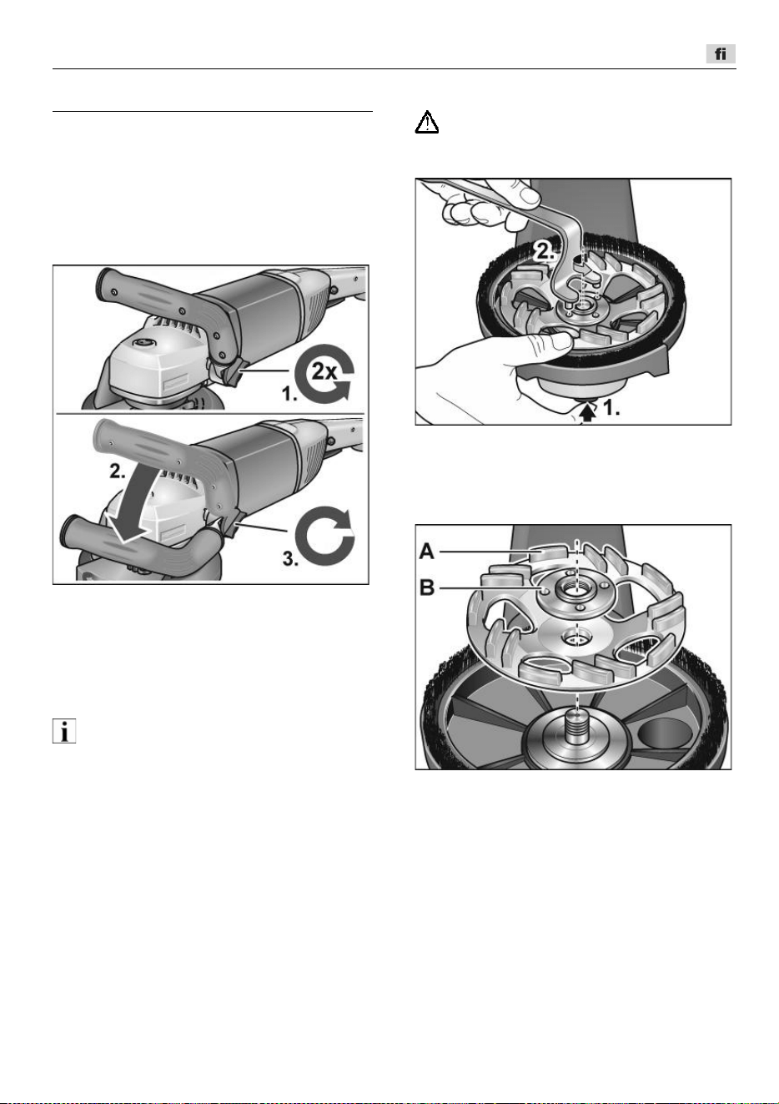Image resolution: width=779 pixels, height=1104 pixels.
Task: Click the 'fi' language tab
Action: click(x=720, y=53)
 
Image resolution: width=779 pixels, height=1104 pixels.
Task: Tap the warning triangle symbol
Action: click(x=427, y=122)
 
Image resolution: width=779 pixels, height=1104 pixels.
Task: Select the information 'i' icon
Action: click(x=64, y=730)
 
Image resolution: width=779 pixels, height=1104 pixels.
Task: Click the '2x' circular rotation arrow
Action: click(x=324, y=373)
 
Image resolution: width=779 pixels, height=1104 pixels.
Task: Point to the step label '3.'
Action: click(x=290, y=559)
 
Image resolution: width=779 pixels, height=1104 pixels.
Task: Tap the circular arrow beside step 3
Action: click(x=324, y=537)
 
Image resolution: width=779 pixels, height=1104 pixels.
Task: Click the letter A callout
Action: click(x=427, y=552)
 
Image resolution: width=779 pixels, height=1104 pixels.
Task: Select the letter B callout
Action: click(x=427, y=588)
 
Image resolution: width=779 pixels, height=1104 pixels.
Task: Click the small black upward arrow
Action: click(x=587, y=414)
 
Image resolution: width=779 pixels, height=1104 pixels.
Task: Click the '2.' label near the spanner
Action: click(x=545, y=252)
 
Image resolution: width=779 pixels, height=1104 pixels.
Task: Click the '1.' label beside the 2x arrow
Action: click(x=290, y=394)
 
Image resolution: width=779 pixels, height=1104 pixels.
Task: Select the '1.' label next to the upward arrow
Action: click(x=611, y=407)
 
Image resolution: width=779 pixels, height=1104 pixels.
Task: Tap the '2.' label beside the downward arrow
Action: click(x=118, y=471)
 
